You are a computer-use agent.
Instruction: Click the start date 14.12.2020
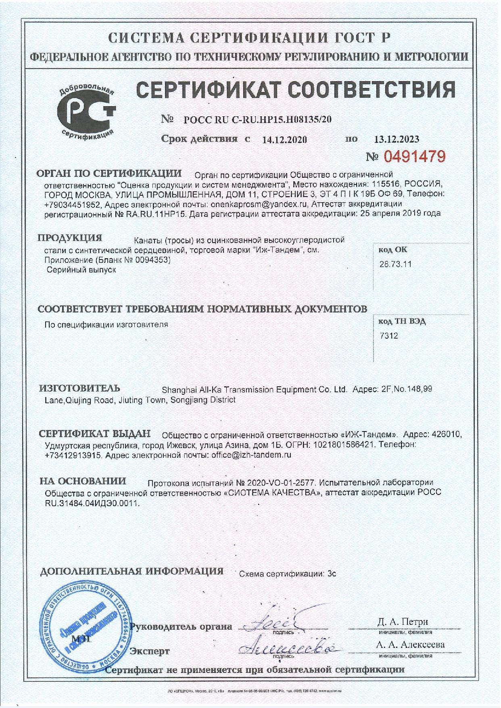coord(284,140)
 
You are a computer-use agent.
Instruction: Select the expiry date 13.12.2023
coord(397,139)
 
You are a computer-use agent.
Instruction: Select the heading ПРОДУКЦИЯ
coord(70,237)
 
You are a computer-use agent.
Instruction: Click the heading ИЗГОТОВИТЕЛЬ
coord(79,388)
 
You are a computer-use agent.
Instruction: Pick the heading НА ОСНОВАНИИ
coord(83,481)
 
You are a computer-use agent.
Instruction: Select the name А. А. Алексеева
coord(410,645)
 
